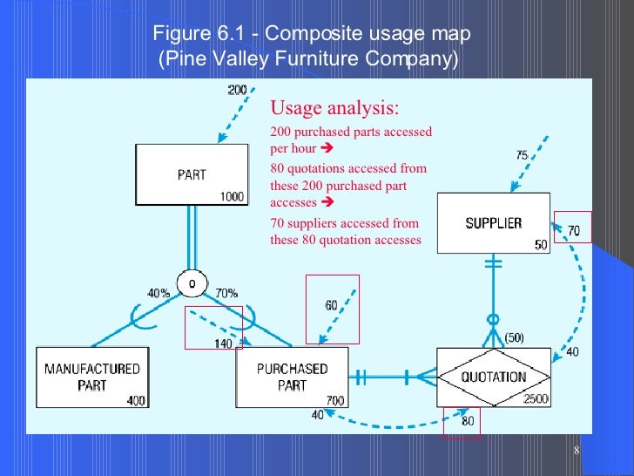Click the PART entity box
(x=192, y=174)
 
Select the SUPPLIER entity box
(x=493, y=223)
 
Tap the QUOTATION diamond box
(x=494, y=377)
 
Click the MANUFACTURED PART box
(x=91, y=377)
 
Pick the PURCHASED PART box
(x=292, y=377)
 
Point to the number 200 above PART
(x=237, y=90)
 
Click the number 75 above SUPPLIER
(x=521, y=155)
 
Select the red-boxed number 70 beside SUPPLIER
(x=573, y=231)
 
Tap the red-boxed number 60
(x=331, y=305)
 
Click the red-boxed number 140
(x=223, y=343)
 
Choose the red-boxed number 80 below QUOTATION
(x=467, y=422)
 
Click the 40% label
(x=158, y=294)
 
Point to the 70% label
(x=226, y=294)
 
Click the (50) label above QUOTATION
(x=514, y=337)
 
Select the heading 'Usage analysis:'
(x=335, y=109)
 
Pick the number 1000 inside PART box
(x=232, y=197)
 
